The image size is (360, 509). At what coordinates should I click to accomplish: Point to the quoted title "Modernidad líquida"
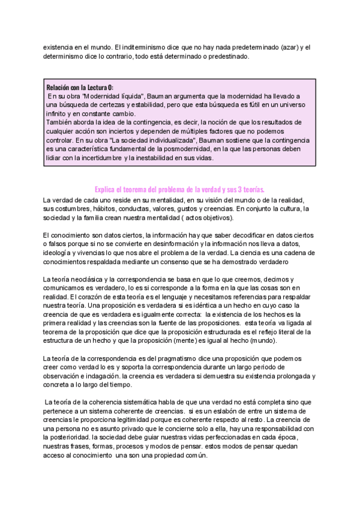[113, 97]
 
